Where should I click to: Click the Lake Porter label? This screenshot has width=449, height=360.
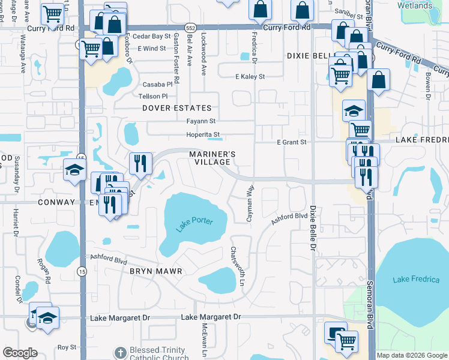[194, 225]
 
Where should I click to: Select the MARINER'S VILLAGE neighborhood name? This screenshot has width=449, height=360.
[210, 158]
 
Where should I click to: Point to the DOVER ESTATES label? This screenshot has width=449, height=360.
[176, 108]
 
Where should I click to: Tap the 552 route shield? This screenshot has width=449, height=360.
[190, 28]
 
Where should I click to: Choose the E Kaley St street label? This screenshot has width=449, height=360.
[250, 77]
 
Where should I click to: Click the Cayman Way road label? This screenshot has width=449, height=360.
[250, 204]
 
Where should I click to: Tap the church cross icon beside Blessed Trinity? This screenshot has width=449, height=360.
[120, 352]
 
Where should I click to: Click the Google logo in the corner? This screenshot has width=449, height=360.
[20, 353]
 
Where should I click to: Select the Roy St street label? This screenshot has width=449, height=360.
[67, 347]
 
